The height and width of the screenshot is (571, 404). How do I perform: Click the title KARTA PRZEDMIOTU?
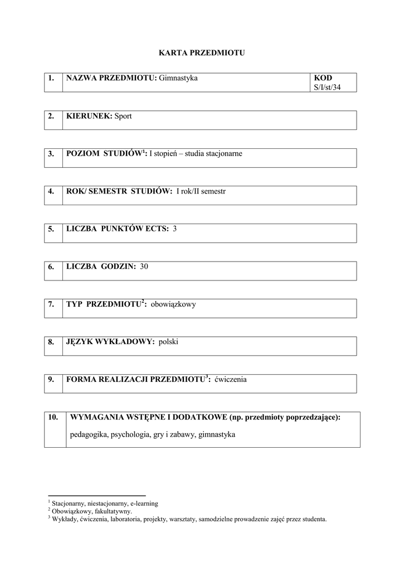(202, 53)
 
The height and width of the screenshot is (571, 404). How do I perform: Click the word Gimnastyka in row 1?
(178, 78)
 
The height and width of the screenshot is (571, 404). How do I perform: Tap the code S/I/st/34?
(327, 88)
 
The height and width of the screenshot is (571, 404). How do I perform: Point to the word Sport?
(123, 116)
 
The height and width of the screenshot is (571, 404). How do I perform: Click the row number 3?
(51, 154)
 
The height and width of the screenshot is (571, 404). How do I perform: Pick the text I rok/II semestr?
(201, 191)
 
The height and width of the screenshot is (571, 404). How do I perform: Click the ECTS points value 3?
(174, 229)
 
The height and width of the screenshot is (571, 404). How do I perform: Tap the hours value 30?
(144, 267)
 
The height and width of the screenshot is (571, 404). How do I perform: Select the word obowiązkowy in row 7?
(173, 304)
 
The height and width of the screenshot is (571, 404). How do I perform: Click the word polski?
(168, 342)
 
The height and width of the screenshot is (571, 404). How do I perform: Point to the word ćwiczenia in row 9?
(230, 380)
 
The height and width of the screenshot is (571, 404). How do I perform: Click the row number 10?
(53, 417)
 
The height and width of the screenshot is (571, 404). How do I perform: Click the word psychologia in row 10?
(129, 434)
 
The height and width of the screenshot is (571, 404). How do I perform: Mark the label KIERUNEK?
(89, 116)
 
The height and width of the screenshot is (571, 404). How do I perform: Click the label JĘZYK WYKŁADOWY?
(110, 342)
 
